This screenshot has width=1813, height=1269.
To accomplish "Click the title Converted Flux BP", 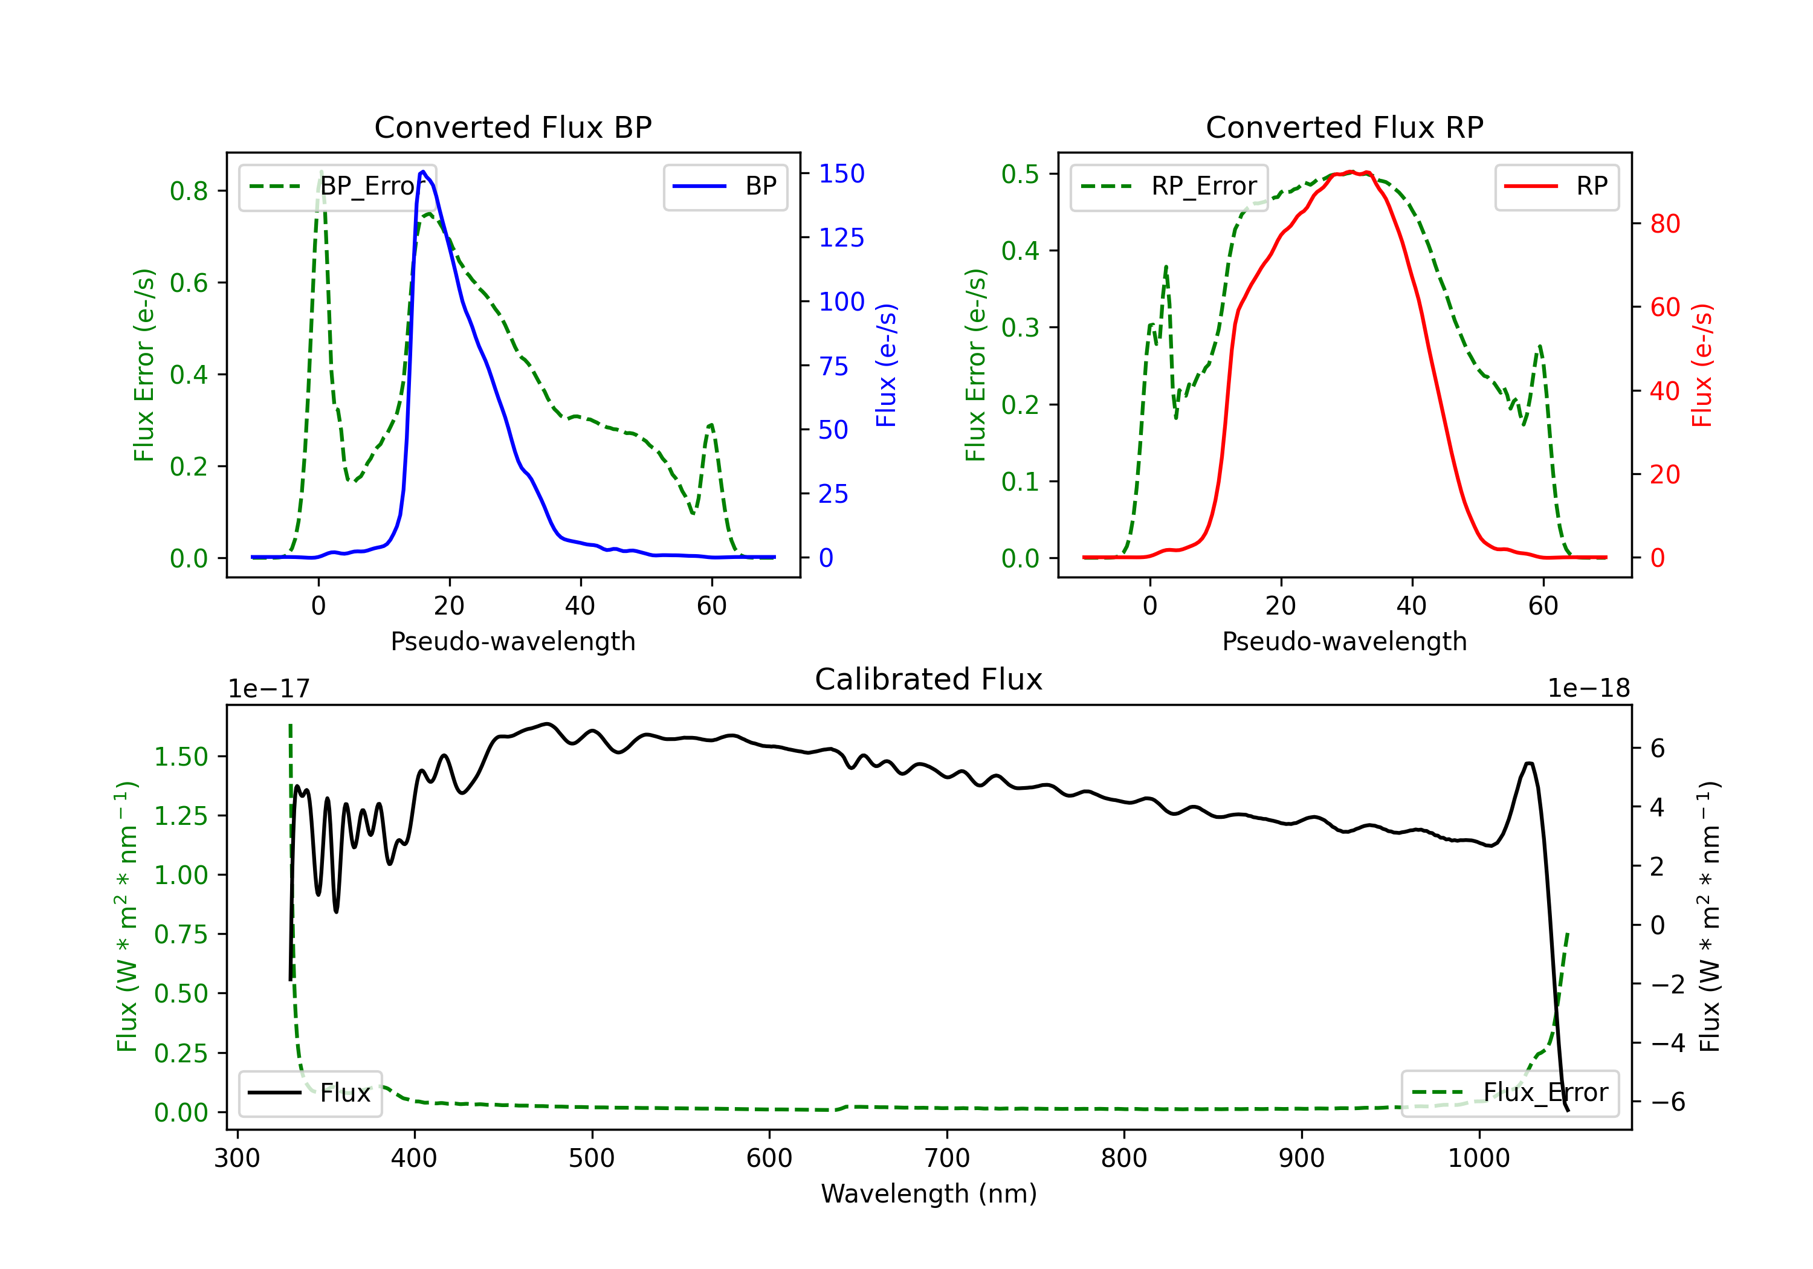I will (x=512, y=127).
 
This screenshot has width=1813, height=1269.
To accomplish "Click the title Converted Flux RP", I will (x=1344, y=127).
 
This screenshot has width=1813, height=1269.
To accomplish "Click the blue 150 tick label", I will (x=841, y=173).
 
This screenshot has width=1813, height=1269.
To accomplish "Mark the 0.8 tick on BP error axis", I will (x=189, y=191).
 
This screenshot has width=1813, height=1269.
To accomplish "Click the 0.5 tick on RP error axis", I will (x=1020, y=173).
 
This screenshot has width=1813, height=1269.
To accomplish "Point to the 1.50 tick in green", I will (x=181, y=757).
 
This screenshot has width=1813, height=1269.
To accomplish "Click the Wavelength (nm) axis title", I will (x=929, y=1193).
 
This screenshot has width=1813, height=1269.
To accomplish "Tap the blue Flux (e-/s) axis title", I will (x=886, y=365).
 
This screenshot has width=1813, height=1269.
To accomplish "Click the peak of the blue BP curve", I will (x=423, y=172).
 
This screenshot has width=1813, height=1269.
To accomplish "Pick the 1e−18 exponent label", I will (x=1588, y=689).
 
